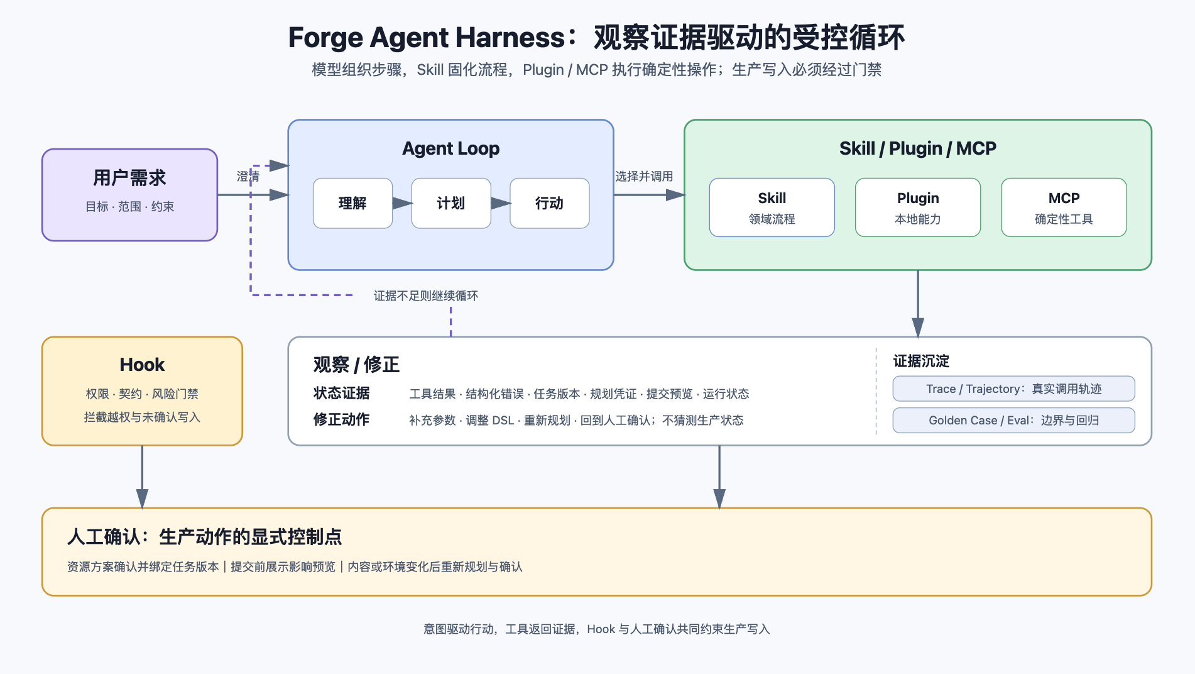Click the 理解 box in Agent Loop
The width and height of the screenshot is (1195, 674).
click(x=352, y=203)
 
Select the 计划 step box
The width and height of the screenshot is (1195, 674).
click(x=450, y=203)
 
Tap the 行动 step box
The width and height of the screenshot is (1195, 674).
click(x=549, y=203)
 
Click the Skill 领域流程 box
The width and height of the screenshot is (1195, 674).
click(x=772, y=207)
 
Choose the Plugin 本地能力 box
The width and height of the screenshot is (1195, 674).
click(x=917, y=207)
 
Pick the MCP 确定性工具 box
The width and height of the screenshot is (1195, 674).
click(x=1064, y=207)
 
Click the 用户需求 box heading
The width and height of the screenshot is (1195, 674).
click(x=129, y=178)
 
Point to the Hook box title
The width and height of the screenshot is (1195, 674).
click(x=142, y=365)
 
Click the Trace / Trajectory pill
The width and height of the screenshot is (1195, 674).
click(x=1013, y=389)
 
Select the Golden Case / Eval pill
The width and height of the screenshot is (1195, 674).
click(x=1013, y=420)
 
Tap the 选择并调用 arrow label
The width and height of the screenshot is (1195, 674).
click(x=643, y=177)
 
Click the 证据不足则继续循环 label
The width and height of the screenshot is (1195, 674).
click(x=426, y=296)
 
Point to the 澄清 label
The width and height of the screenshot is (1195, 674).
click(x=248, y=177)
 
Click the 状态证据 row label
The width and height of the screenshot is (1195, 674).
click(x=341, y=393)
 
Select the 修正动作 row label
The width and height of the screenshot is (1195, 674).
click(x=341, y=419)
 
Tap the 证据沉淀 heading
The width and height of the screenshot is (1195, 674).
click(x=921, y=361)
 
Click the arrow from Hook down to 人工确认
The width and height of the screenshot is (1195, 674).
click(x=142, y=477)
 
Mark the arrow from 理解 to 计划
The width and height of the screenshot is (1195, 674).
click(x=402, y=203)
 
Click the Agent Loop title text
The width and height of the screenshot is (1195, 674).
click(x=450, y=148)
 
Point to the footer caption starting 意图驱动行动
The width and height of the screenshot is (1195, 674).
click(x=596, y=629)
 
